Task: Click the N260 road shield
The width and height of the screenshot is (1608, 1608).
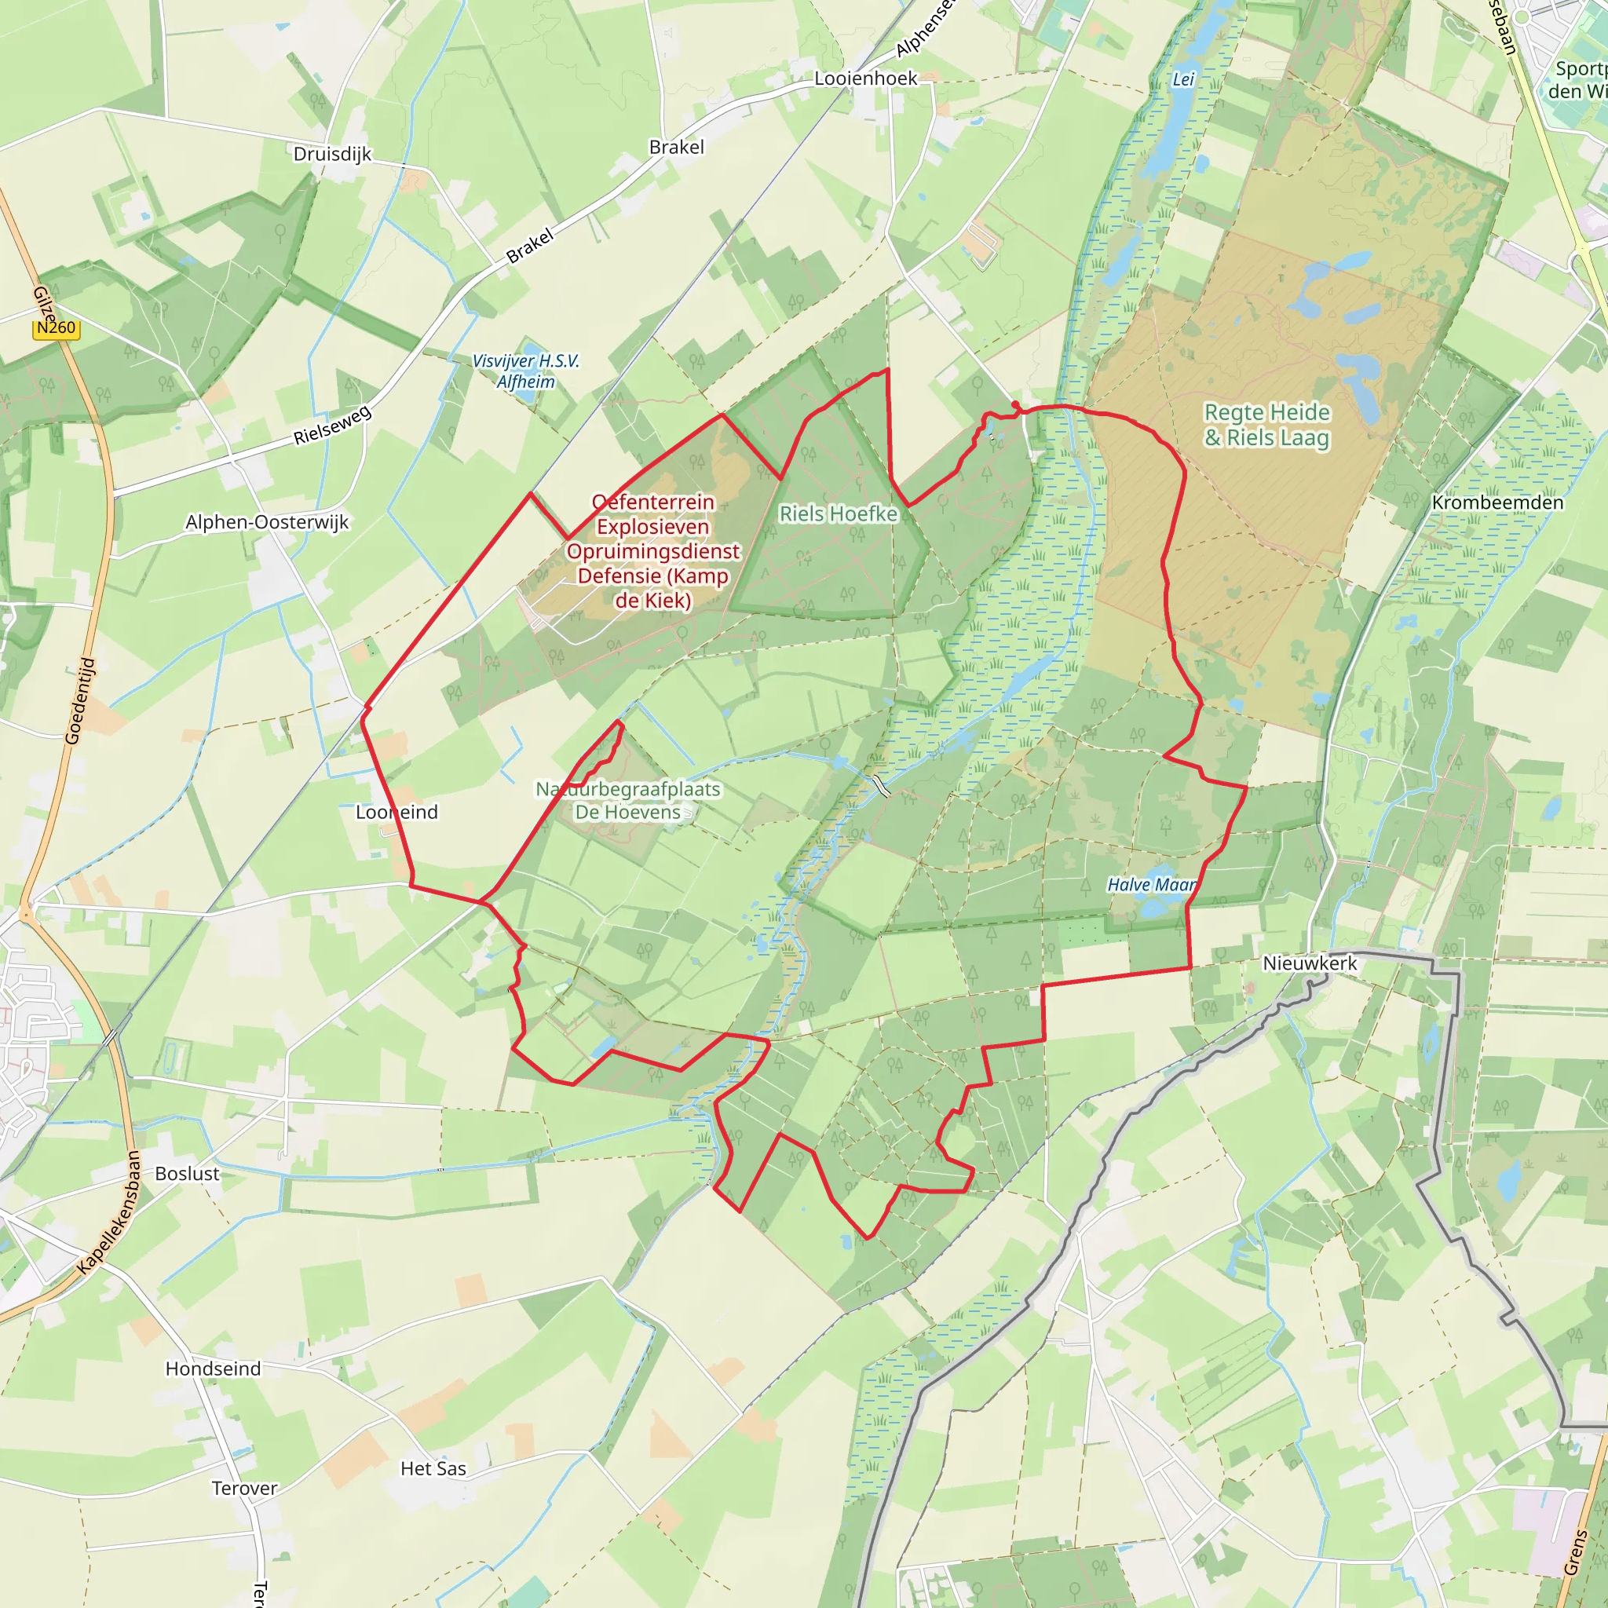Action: [x=56, y=328]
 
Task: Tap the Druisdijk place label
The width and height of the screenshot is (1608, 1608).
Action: [x=332, y=154]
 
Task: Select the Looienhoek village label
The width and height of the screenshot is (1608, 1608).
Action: [x=865, y=79]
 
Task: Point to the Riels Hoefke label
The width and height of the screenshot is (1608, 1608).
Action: [x=838, y=513]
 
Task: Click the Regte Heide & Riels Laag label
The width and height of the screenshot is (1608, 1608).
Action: [x=1266, y=425]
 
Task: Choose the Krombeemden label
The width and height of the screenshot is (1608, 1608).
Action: [x=1497, y=502]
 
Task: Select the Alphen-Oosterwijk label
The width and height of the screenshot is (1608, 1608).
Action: [x=267, y=522]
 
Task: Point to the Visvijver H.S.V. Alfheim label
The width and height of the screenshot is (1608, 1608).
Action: [x=525, y=371]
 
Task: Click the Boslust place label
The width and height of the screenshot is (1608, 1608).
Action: [x=188, y=1174]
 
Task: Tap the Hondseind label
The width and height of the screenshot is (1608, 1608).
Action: [x=213, y=1369]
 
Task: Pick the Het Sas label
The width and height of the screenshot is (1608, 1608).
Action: [x=433, y=1469]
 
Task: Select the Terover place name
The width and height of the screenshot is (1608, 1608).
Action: [x=244, y=1488]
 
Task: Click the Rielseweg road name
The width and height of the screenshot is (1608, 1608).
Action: [x=332, y=425]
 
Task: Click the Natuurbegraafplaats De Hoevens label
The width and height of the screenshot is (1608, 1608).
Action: [x=628, y=800]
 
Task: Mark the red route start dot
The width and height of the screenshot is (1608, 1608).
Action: [x=1015, y=405]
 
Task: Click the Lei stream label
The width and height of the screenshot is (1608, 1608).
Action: [x=1182, y=79]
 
